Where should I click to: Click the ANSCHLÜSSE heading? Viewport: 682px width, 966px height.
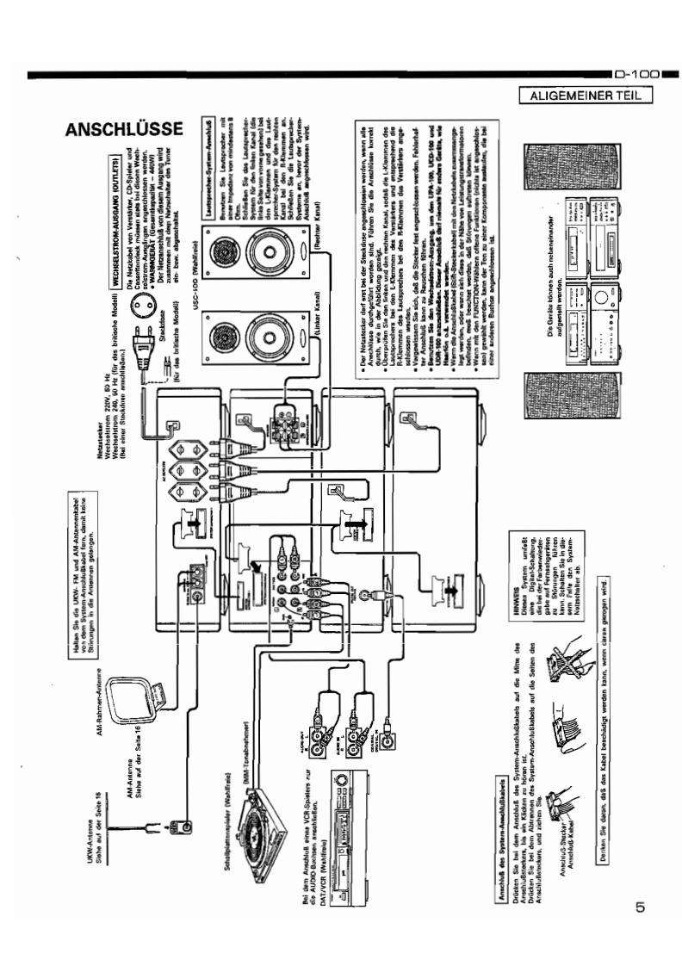124,130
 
